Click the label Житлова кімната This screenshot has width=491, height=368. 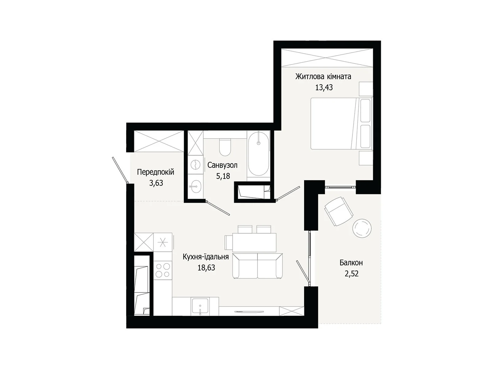click(x=323, y=76)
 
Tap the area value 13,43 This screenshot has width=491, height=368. click(x=324, y=87)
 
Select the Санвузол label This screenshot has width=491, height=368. click(x=222, y=165)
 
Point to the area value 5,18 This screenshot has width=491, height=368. click(x=223, y=176)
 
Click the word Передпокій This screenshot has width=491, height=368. click(x=155, y=172)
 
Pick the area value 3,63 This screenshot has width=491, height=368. click(x=156, y=183)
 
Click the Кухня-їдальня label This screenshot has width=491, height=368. click(x=206, y=257)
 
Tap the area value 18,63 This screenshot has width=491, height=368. click(x=206, y=268)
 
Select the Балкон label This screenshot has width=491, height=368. click(x=351, y=263)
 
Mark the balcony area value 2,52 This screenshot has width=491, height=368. click(x=351, y=274)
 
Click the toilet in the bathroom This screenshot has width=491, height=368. click(x=225, y=148)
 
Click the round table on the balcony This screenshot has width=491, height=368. click(x=362, y=228)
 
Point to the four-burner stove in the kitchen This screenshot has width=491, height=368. click(x=163, y=270)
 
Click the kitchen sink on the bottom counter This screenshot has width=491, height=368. click(x=200, y=306)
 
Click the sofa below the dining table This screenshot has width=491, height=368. click(x=257, y=266)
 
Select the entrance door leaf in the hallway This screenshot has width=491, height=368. click(x=120, y=170)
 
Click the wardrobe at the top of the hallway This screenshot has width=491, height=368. click(x=159, y=141)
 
